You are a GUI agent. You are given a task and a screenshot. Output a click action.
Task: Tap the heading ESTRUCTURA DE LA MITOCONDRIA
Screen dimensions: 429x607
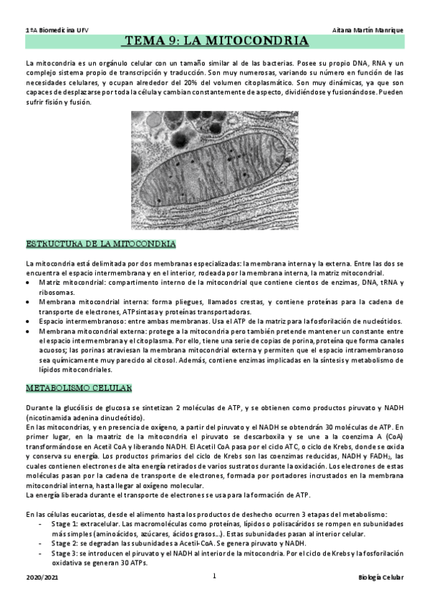(x=100, y=243)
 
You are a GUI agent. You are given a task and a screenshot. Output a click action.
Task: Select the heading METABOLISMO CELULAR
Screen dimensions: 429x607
(x=79, y=387)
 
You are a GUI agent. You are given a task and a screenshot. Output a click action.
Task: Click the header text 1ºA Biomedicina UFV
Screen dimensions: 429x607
(x=52, y=29)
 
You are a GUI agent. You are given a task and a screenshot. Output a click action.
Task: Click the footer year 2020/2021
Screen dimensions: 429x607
(x=40, y=577)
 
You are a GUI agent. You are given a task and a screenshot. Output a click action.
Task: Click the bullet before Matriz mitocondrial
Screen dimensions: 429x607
(x=29, y=283)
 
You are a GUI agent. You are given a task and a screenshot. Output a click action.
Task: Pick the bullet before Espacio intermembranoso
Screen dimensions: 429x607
(x=29, y=321)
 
